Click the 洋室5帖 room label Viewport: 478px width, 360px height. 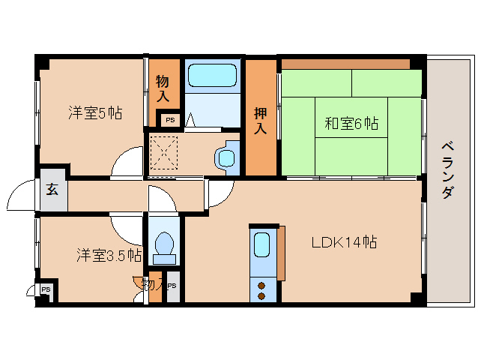95,114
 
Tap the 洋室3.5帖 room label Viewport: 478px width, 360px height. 109,256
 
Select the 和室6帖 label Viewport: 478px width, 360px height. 351,124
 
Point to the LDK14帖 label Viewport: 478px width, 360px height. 344,242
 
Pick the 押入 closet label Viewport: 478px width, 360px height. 260,121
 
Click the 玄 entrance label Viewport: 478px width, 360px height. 52,189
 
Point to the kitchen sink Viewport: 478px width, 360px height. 261,245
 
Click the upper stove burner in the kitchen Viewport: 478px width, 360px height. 261,284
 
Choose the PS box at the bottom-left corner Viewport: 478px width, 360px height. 46,289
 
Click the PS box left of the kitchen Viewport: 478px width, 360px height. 172,286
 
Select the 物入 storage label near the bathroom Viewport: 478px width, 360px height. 163,88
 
